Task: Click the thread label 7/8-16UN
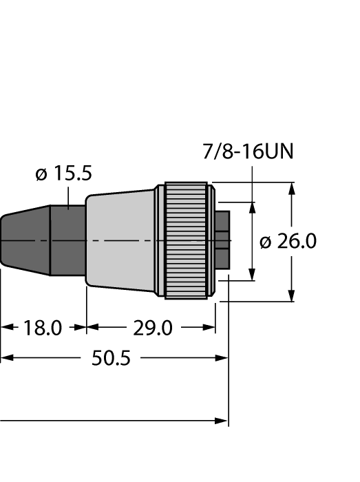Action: [x=248, y=151]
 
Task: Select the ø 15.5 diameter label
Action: [x=63, y=174]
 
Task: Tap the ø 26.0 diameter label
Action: [x=288, y=242]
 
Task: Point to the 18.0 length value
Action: [x=43, y=328]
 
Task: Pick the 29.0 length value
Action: [x=152, y=328]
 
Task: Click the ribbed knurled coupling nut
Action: [x=185, y=240]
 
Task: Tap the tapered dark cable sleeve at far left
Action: [x=24, y=242]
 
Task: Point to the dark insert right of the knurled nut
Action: [x=222, y=240]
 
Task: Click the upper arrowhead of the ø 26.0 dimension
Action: [x=291, y=189]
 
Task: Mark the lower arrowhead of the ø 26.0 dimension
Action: [x=291, y=295]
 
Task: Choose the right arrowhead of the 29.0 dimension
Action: [x=210, y=328]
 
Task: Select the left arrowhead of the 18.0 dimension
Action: [x=6, y=328]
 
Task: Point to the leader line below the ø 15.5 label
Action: [x=70, y=196]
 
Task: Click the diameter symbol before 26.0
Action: [x=265, y=242]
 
